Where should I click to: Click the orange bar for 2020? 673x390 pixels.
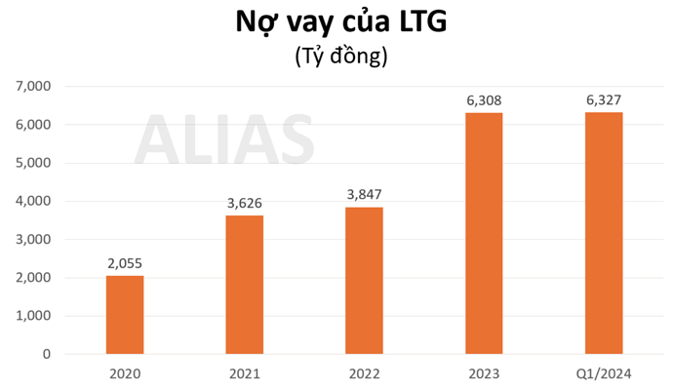[x=125, y=315]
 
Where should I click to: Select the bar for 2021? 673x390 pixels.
[x=244, y=285]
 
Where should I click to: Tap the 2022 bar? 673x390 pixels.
[x=364, y=281]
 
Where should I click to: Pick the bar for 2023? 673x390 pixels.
[x=484, y=234]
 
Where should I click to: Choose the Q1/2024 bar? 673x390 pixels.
[x=604, y=233]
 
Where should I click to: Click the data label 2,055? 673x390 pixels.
[x=125, y=263]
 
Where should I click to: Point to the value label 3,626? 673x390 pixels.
[x=244, y=203]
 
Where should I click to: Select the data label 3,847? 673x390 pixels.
[x=364, y=194]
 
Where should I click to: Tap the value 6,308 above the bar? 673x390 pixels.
[x=484, y=100]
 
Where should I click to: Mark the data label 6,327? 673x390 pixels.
[x=604, y=99]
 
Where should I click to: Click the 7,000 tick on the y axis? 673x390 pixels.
[x=34, y=87]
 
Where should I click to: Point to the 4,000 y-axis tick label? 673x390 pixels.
[x=34, y=202]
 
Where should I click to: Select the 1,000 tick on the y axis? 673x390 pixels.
[x=34, y=316]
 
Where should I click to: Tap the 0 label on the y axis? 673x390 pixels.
[x=46, y=355]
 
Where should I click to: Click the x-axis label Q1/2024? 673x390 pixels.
[x=604, y=374]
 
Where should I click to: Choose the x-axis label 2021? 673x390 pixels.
[x=244, y=374]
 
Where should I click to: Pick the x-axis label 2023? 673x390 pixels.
[x=484, y=374]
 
